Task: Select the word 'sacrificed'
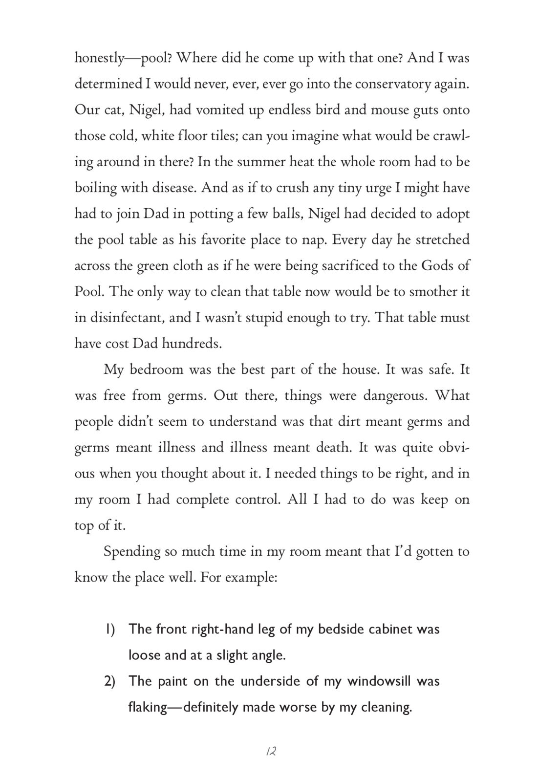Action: (x=332, y=266)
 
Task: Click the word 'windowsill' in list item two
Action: (x=378, y=681)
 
